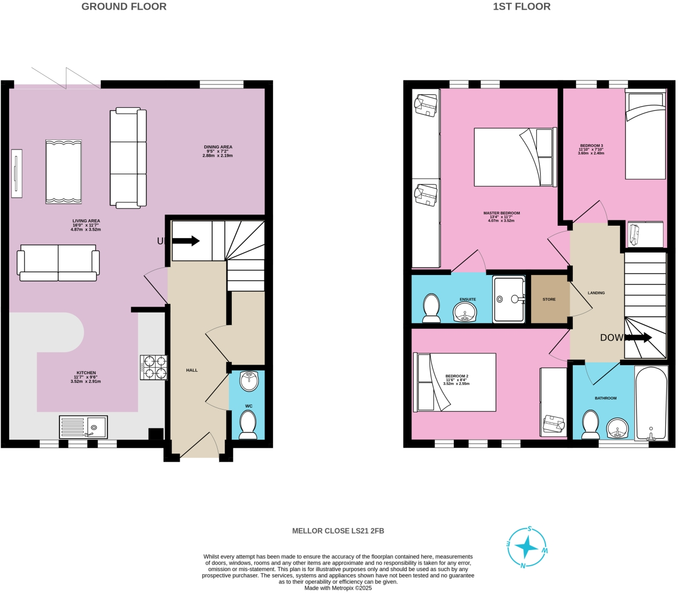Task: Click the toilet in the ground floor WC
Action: [248, 425]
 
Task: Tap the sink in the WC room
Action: [249, 381]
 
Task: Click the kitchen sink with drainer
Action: [84, 427]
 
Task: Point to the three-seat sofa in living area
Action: [128, 158]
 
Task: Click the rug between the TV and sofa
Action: [64, 172]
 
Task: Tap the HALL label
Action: [192, 370]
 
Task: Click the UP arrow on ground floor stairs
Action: [186, 241]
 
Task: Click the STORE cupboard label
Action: [549, 299]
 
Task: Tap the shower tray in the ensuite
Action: [508, 299]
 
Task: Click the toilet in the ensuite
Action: [431, 308]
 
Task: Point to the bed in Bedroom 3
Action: [645, 137]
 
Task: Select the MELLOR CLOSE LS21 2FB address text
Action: [338, 531]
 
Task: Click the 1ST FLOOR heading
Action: [521, 7]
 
